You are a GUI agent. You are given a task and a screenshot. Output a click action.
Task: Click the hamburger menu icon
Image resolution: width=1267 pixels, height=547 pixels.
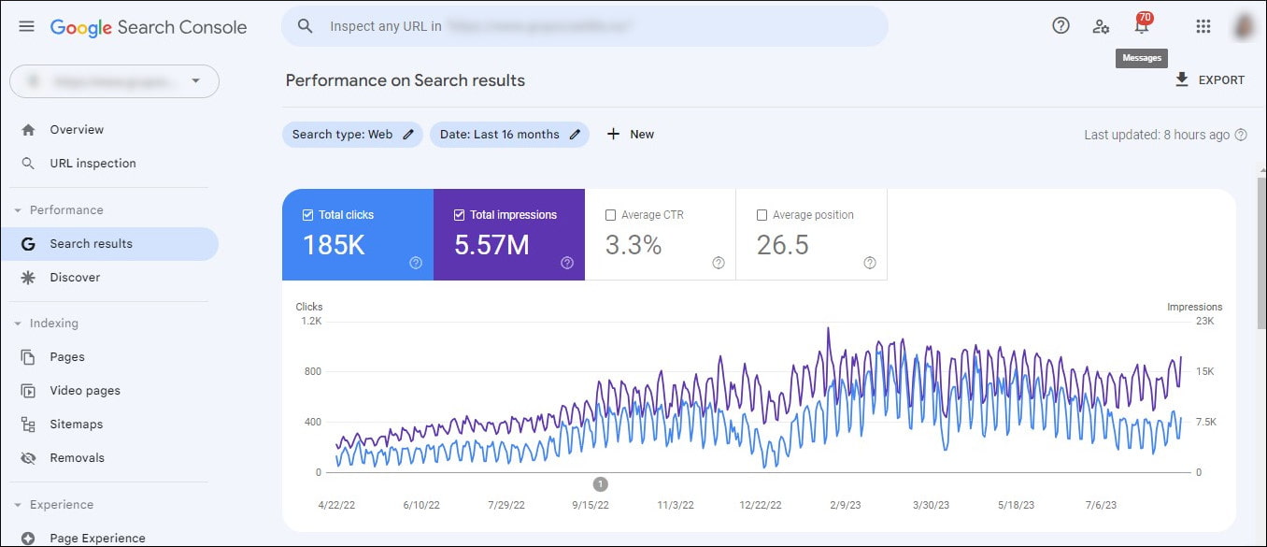[x=26, y=26]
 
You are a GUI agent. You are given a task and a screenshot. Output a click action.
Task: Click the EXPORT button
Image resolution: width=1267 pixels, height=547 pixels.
[x=1210, y=80]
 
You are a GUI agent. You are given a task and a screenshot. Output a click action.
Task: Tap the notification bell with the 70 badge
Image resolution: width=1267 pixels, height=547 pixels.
[x=1141, y=26]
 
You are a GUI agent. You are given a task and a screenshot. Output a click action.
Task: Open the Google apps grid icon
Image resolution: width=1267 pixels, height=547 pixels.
[x=1203, y=26]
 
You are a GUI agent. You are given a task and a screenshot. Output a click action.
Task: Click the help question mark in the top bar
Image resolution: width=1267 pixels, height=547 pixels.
[x=1061, y=26]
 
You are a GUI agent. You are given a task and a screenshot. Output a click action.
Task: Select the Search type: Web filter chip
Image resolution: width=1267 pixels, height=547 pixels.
[x=352, y=135]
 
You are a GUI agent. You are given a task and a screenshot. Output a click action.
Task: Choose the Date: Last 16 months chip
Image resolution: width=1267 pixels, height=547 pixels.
[x=509, y=135]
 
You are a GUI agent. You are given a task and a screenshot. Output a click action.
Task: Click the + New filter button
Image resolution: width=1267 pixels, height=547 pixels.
[x=631, y=135]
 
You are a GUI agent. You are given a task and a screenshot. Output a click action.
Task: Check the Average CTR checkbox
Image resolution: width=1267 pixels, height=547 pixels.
[x=611, y=215]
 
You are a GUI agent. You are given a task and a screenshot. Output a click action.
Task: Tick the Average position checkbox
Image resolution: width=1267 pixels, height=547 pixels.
[x=762, y=215]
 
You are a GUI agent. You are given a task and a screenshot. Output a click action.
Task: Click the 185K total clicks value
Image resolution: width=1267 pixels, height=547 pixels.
[x=333, y=245]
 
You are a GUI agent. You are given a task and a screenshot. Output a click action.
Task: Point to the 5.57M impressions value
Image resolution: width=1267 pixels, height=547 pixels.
[x=491, y=245]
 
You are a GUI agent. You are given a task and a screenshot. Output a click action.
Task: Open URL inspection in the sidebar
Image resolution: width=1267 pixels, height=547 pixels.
[x=93, y=164]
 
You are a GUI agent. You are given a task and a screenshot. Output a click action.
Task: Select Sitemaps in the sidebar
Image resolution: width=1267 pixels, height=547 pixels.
[x=76, y=425]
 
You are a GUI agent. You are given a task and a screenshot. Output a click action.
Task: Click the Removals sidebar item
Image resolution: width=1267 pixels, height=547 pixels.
[x=77, y=458]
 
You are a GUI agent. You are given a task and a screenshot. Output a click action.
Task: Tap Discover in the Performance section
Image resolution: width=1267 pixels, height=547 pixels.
[x=75, y=278]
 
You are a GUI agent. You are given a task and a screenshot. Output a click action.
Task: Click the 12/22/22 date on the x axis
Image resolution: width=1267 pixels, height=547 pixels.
[x=761, y=505]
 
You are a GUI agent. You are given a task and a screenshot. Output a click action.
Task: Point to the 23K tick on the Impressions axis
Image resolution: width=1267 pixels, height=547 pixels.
[x=1204, y=322]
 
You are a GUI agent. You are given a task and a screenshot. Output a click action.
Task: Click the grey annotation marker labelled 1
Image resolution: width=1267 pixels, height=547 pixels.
[x=601, y=484]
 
